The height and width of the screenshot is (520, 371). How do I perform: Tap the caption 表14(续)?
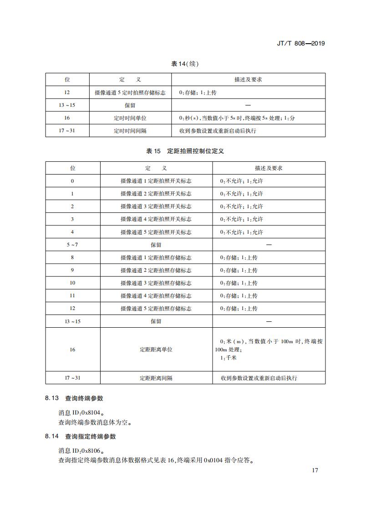185,64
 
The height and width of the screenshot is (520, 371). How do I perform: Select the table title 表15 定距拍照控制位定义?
185,151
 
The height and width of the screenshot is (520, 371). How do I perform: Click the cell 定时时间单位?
130,118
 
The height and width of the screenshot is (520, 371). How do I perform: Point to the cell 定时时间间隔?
130,130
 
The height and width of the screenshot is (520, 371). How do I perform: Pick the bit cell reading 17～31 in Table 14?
67,130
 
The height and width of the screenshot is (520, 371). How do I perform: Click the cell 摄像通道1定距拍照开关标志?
156,181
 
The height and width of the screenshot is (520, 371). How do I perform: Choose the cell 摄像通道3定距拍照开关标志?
156,206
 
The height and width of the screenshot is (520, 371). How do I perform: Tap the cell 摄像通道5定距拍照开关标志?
156,232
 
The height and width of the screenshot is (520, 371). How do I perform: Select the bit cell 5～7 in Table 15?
72,245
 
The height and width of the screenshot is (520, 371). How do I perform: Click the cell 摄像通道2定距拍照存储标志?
156,270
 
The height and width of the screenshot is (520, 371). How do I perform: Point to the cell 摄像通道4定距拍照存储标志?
156,295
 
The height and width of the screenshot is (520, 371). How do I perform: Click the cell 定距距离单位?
156,350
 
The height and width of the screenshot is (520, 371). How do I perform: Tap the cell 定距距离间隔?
156,378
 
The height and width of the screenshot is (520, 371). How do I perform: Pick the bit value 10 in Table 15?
72,283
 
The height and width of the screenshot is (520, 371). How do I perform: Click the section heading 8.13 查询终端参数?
74,398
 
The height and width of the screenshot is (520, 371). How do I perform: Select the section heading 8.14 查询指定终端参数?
81,436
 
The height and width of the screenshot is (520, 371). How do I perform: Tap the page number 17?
315,470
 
